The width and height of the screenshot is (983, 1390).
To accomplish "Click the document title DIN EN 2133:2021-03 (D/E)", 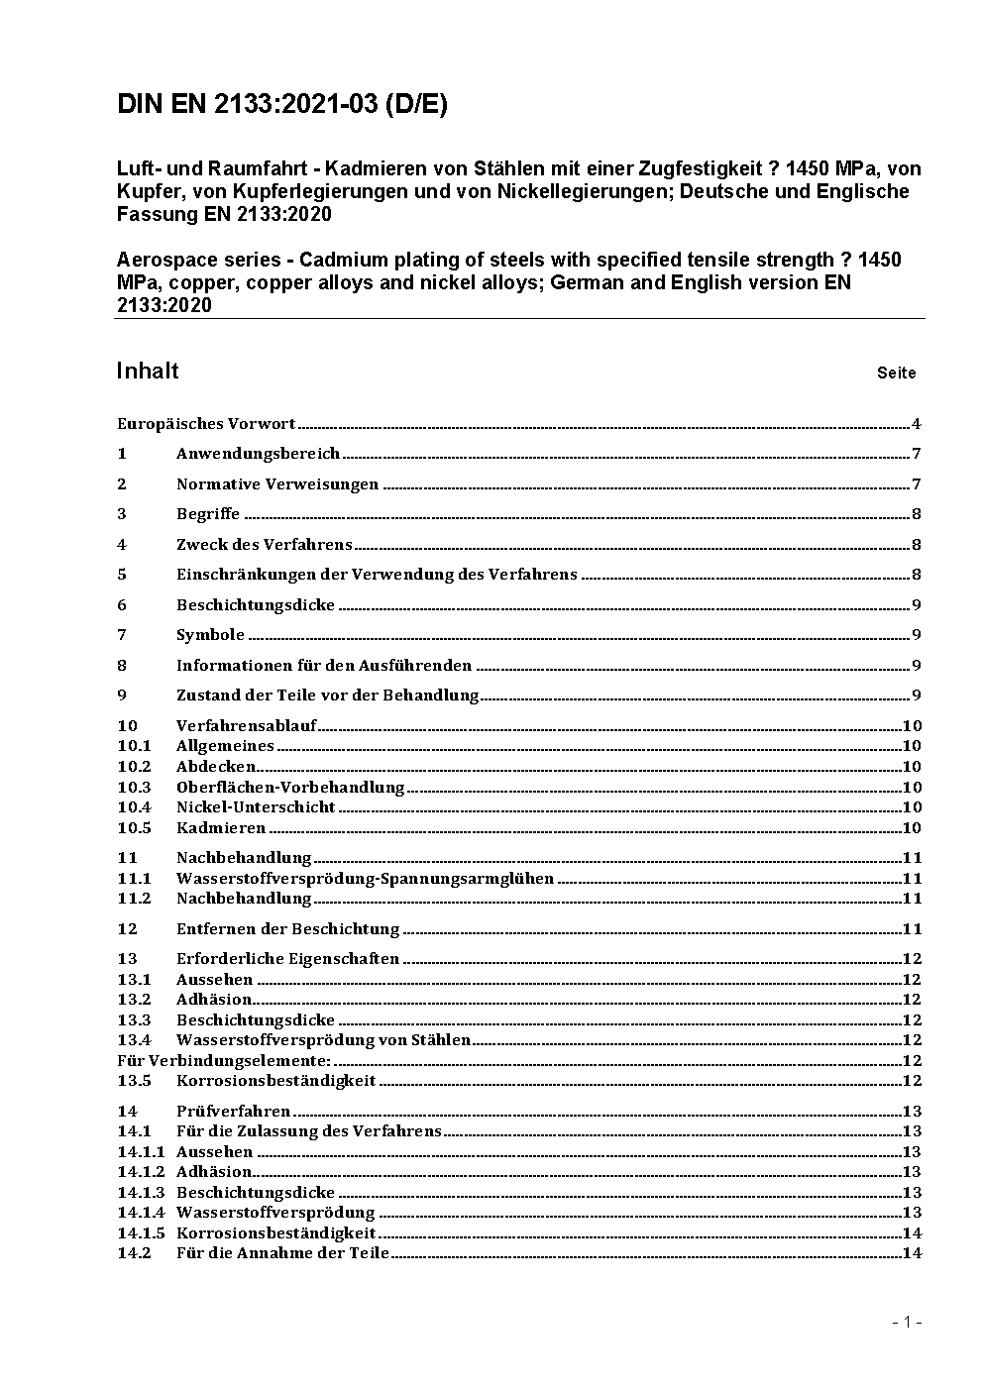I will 282,104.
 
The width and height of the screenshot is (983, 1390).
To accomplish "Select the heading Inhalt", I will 148,371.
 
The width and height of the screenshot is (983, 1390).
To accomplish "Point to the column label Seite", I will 896,374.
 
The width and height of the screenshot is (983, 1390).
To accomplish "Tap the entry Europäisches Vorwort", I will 206,424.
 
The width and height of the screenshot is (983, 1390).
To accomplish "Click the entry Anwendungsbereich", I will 258,454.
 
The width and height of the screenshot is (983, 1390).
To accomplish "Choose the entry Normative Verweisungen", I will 277,484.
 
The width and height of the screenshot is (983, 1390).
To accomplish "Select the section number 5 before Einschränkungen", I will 122,575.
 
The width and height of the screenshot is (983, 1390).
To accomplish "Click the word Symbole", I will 210,635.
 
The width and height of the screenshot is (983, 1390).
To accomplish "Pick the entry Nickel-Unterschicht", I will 256,807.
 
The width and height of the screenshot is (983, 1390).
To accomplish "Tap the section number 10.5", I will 134,828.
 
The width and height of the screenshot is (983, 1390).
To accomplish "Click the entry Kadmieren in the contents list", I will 221,828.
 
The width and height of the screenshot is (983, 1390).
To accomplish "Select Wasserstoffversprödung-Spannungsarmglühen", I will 365,879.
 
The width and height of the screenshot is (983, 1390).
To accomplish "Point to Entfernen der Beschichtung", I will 287,929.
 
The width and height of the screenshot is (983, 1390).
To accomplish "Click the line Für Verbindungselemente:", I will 224,1060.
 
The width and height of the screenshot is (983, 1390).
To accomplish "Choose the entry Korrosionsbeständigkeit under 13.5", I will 275,1081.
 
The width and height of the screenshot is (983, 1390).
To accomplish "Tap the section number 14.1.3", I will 141,1193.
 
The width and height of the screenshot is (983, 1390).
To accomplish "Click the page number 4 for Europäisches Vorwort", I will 917,424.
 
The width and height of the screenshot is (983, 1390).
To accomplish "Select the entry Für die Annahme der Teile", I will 282,1253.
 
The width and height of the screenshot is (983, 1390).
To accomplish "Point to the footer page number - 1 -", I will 907,1322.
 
